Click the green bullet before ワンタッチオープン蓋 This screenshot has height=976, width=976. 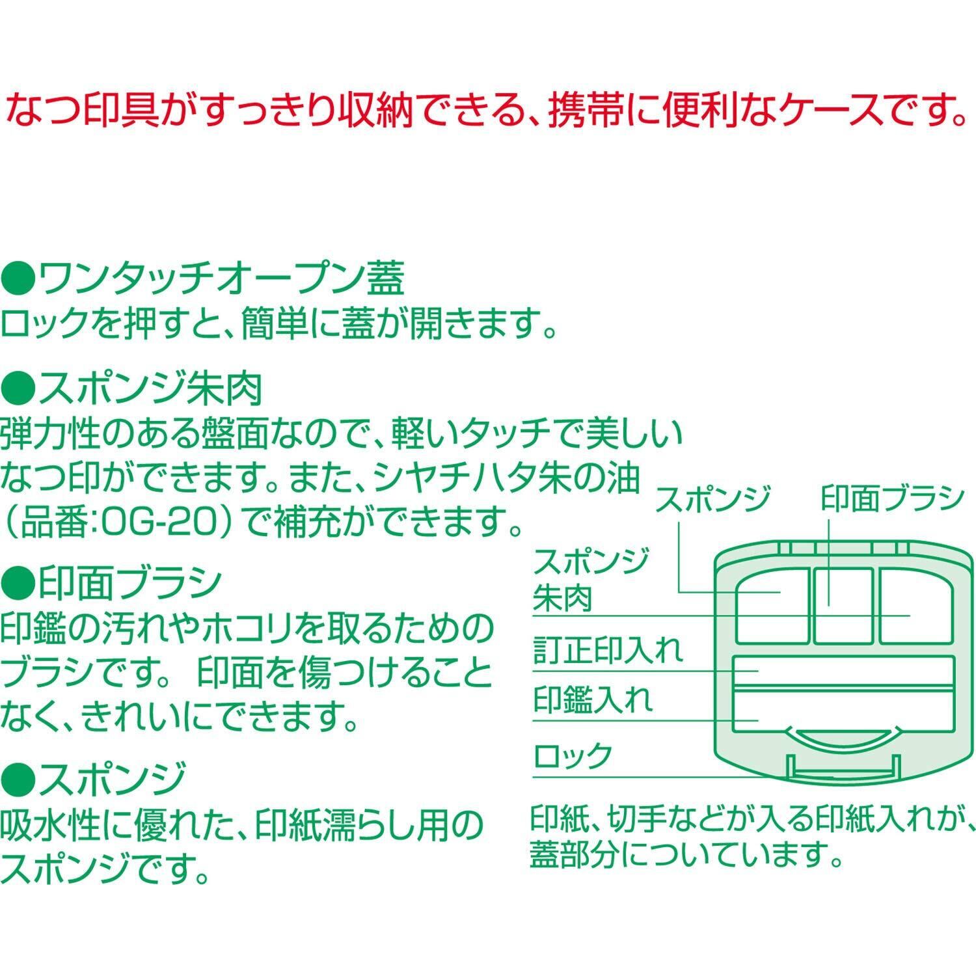click(19, 278)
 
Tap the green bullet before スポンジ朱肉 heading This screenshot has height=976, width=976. click(19, 389)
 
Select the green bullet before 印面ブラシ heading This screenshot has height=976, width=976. click(19, 582)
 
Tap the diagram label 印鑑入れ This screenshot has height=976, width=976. click(593, 701)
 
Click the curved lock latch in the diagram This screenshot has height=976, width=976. click(843, 737)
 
